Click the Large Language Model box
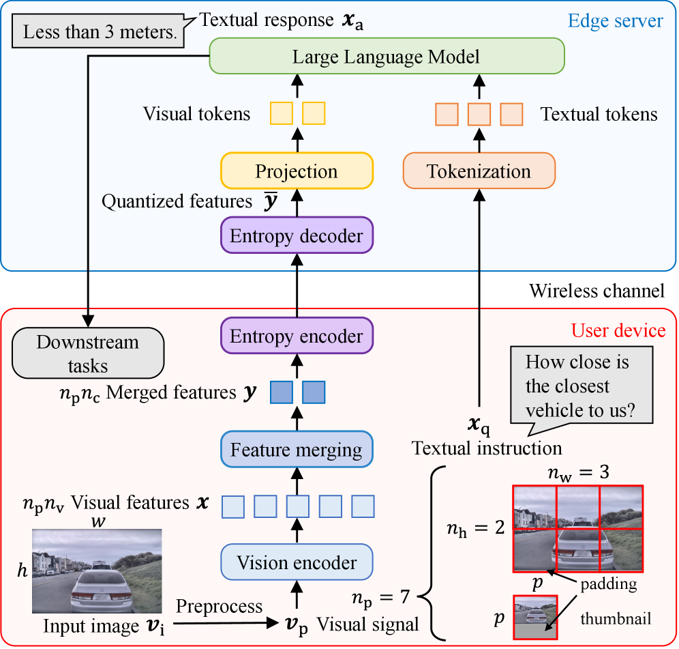(x=386, y=57)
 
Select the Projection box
(x=297, y=171)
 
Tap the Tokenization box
(x=479, y=171)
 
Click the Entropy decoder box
(x=297, y=236)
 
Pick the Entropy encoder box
(x=297, y=336)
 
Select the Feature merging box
(x=297, y=450)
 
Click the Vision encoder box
(x=297, y=563)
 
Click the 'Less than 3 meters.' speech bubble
(x=100, y=32)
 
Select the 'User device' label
(x=618, y=331)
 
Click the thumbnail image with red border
(x=535, y=617)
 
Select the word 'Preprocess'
(x=220, y=606)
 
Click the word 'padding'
(x=608, y=584)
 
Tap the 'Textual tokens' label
(x=599, y=114)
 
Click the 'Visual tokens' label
(x=196, y=114)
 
